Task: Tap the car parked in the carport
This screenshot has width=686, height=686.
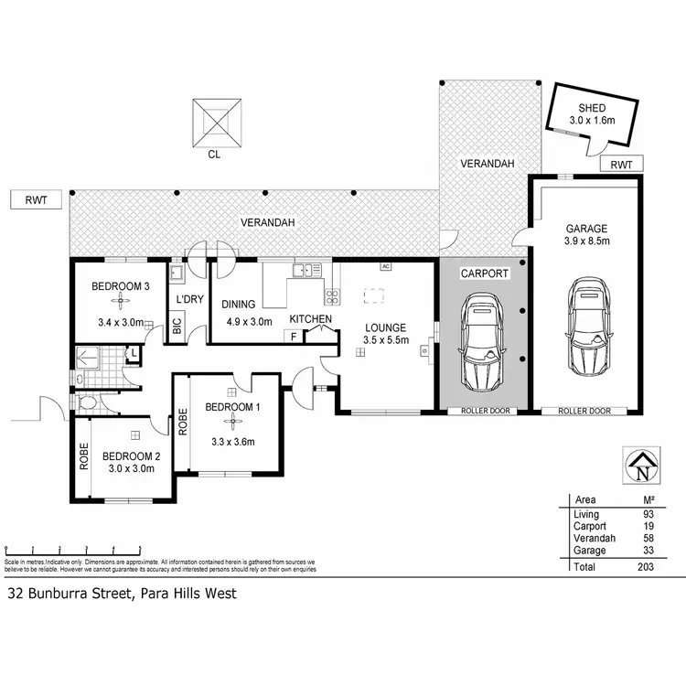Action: (x=482, y=340)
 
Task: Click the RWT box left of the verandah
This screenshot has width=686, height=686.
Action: (x=37, y=198)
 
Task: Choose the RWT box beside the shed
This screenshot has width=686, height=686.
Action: (x=622, y=165)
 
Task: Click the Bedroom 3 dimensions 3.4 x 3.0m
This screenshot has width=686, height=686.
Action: (x=121, y=321)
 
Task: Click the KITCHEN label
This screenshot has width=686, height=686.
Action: (x=310, y=318)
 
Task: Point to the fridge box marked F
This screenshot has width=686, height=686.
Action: (x=293, y=336)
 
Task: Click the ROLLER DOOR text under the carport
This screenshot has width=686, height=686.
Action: (x=482, y=412)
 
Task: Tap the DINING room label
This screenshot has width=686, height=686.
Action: (x=238, y=305)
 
